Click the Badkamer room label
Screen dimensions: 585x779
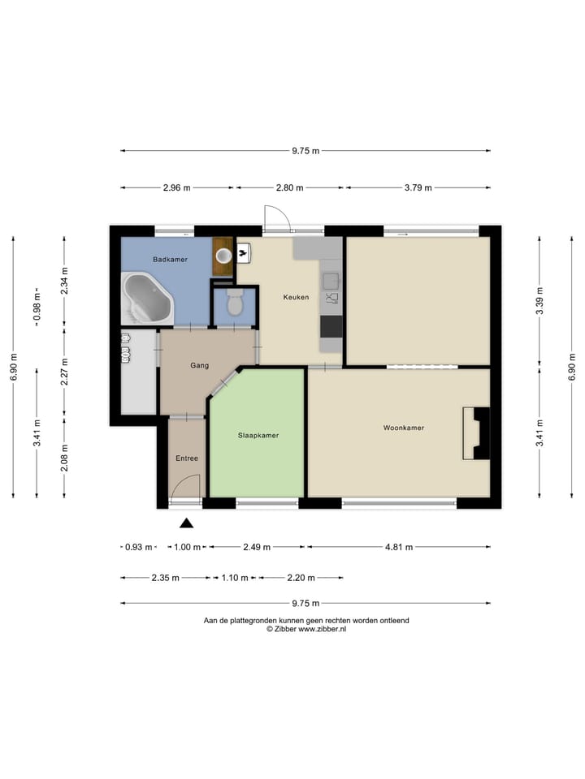[x=170, y=260]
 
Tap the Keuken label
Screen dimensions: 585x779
[x=296, y=297]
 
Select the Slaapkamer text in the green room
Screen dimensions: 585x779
[x=258, y=436]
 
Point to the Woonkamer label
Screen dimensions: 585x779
[x=404, y=428]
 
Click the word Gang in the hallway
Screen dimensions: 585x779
[x=200, y=366]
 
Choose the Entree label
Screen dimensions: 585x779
[x=187, y=458]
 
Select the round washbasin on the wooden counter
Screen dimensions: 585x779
[x=223, y=256]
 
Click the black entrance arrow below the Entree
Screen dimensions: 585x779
[x=187, y=523]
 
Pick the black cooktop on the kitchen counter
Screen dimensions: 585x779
[x=331, y=326]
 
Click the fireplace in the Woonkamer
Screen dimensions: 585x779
[x=476, y=433]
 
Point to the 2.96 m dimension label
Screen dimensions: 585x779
[x=176, y=187]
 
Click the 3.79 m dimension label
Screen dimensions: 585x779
[x=418, y=187]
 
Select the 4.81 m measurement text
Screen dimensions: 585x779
[x=399, y=547]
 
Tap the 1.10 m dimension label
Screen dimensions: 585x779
[x=234, y=578]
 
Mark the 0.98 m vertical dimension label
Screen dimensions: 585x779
[x=37, y=307]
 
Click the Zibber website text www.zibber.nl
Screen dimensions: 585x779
[x=322, y=629]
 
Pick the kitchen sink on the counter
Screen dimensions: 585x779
[x=331, y=282]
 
